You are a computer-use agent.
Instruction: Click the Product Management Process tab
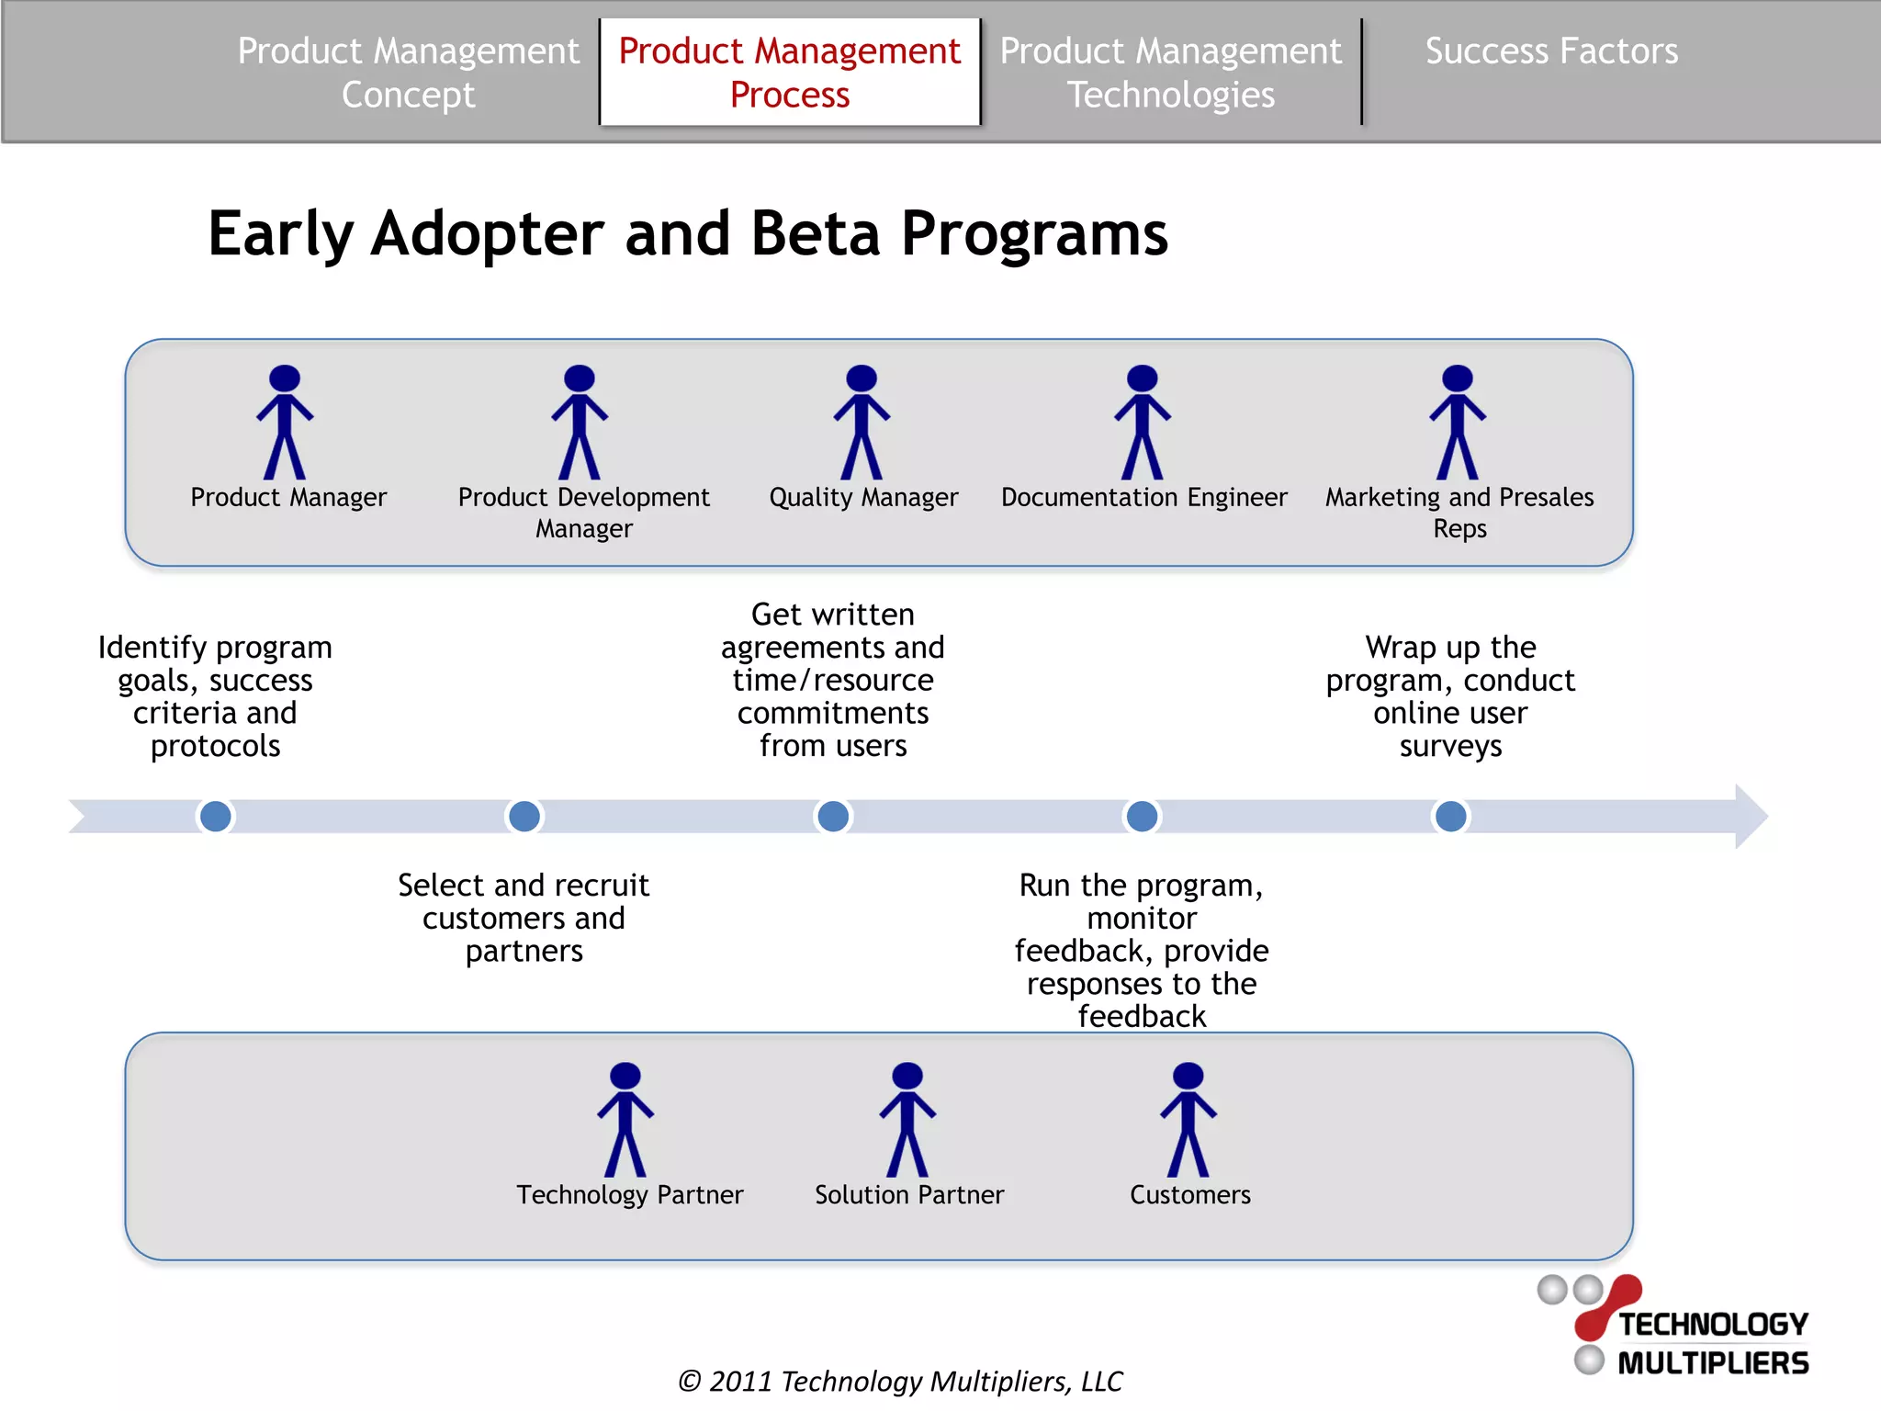(789, 72)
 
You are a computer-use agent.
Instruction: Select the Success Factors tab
(1550, 51)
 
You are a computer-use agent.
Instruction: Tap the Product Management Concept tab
(408, 72)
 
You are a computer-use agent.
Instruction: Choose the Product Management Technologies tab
(1170, 72)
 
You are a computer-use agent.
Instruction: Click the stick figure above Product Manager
(285, 422)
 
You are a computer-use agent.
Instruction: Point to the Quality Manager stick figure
(862, 422)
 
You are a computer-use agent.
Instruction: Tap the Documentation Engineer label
(1143, 497)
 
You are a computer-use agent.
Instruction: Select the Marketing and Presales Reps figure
(1458, 422)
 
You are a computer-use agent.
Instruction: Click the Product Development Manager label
(584, 512)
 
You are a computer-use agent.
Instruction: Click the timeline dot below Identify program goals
(216, 816)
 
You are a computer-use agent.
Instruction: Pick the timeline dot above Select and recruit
(524, 816)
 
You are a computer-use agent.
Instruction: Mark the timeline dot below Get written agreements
(833, 816)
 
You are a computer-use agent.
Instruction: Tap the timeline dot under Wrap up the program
(1450, 816)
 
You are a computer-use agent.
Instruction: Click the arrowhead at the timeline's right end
(1751, 816)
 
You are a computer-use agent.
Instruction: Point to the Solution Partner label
(909, 1194)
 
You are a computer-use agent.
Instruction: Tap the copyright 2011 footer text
(899, 1381)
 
